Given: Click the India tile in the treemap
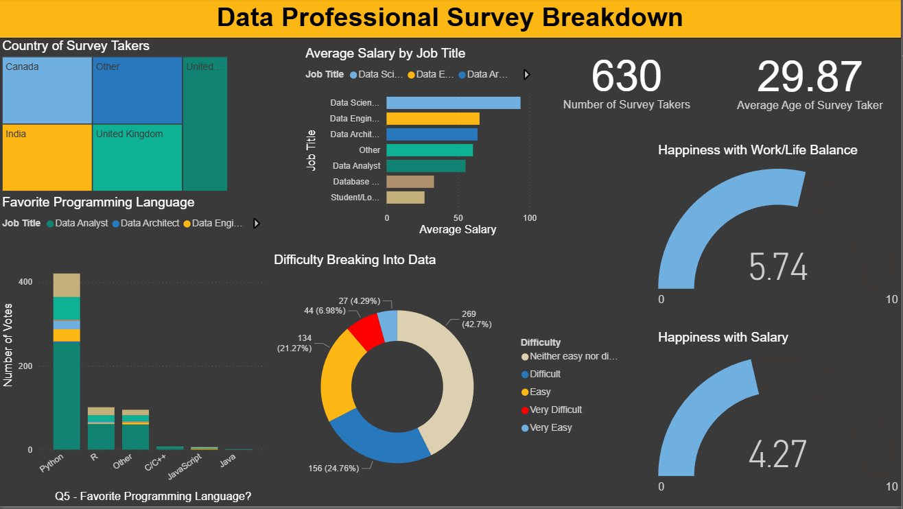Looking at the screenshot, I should [x=47, y=157].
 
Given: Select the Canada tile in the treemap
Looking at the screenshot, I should [x=47, y=90].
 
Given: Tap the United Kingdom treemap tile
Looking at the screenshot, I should [x=137, y=157].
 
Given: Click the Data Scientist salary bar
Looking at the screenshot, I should [x=453, y=103].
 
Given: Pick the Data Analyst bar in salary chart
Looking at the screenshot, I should [x=425, y=166].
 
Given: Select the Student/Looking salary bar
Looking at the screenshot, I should [x=405, y=198].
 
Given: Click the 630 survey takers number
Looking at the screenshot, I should [x=626, y=76].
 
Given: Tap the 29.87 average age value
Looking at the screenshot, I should [x=810, y=76].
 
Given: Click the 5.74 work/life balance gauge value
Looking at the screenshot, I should [x=778, y=267].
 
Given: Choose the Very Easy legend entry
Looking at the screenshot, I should [x=550, y=427].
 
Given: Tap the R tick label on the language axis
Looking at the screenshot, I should [x=94, y=456].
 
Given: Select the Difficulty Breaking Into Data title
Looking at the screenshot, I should [x=355, y=260].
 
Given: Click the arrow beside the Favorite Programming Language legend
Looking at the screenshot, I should [x=257, y=223].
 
